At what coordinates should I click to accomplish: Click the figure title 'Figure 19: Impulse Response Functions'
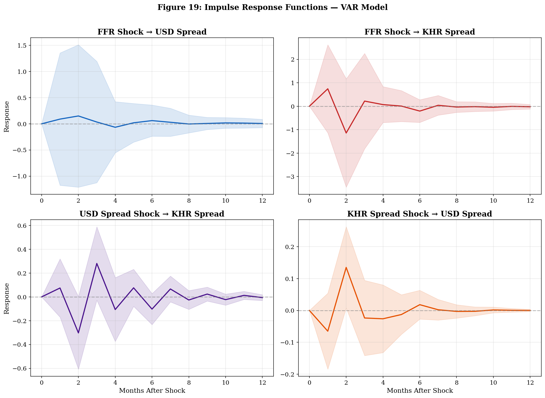(x=272, y=7)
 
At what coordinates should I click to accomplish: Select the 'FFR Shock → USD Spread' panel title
(x=152, y=32)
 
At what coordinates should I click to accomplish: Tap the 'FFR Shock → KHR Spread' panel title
(x=419, y=32)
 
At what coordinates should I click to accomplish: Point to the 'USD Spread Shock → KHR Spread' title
(x=152, y=214)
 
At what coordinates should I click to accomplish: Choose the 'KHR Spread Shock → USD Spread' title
(x=419, y=214)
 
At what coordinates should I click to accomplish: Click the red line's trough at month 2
(x=346, y=133)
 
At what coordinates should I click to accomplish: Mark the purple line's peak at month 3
(x=97, y=263)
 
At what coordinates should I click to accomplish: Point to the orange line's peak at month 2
(x=346, y=267)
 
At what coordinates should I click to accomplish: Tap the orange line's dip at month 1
(x=328, y=331)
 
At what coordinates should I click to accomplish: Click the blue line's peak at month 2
(x=78, y=116)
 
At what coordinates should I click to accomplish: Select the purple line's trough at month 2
(x=78, y=333)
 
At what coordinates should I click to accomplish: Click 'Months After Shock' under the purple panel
(x=152, y=391)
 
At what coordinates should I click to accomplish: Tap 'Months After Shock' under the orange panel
(x=419, y=391)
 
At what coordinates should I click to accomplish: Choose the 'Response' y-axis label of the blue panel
(x=7, y=117)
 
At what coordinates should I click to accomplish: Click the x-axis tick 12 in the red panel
(x=530, y=201)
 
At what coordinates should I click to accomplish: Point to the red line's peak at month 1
(x=328, y=89)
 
